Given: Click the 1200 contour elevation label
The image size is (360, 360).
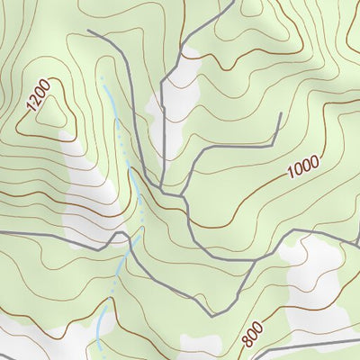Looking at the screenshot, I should coord(38,95).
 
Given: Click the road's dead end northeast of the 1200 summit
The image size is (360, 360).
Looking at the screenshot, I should coord(88,31).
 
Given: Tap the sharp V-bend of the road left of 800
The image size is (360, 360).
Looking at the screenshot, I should coord(212,315).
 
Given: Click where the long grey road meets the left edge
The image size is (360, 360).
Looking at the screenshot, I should coord(2,232).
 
